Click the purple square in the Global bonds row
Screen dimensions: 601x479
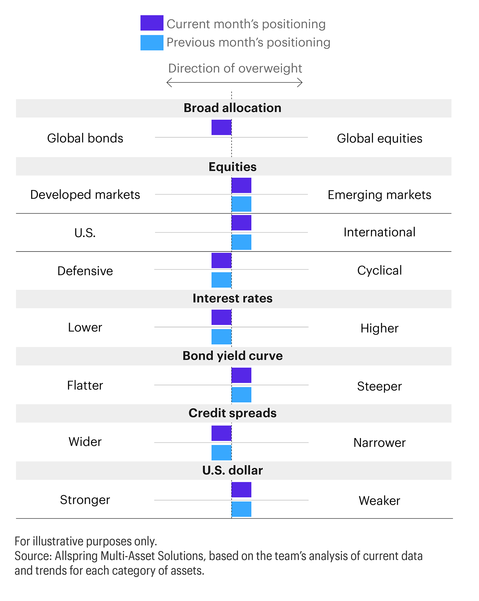click(221, 127)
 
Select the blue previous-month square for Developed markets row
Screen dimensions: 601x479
click(242, 204)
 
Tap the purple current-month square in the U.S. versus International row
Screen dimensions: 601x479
click(242, 223)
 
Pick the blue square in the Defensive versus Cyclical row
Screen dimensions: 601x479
click(221, 280)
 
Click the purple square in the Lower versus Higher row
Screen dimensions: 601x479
click(221, 317)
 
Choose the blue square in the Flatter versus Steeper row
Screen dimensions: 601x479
click(242, 395)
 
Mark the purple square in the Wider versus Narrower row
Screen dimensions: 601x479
click(221, 433)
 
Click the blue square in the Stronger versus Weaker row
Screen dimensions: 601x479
click(242, 509)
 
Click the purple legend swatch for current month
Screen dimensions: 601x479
click(152, 23)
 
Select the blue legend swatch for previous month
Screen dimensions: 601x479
click(152, 43)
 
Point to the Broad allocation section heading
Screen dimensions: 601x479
click(232, 108)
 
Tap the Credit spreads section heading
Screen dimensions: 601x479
click(232, 413)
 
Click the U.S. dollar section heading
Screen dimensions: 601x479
click(232, 470)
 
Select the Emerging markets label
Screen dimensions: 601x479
click(379, 195)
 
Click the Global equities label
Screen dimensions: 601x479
click(379, 138)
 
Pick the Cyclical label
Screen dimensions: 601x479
click(379, 271)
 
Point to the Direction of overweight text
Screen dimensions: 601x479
click(235, 68)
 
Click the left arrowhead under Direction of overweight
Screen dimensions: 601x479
click(168, 82)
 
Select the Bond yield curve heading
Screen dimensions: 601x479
click(232, 356)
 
